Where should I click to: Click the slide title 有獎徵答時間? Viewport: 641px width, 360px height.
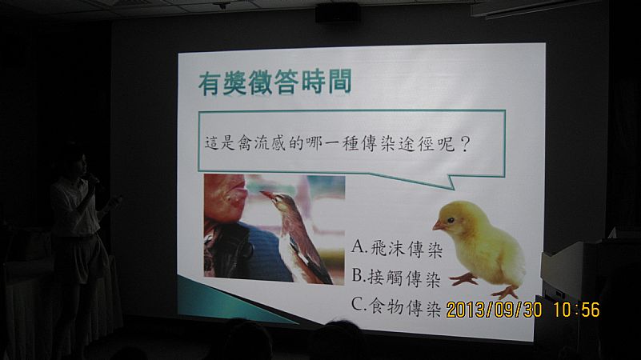point(274,82)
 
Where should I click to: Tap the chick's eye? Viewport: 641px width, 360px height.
point(451,220)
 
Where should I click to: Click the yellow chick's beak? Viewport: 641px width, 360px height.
point(438,225)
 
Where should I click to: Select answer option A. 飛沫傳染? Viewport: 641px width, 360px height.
point(397,248)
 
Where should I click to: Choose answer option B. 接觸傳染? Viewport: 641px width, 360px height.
point(395,278)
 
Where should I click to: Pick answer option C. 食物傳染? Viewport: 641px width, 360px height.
point(395,306)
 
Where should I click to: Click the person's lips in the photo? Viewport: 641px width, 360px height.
point(240,192)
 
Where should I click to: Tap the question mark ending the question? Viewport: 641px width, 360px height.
point(464,144)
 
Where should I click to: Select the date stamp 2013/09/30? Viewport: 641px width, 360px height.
point(494,310)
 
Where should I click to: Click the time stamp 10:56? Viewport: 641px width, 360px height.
point(576,310)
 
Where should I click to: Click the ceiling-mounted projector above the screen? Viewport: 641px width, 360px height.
point(338,13)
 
